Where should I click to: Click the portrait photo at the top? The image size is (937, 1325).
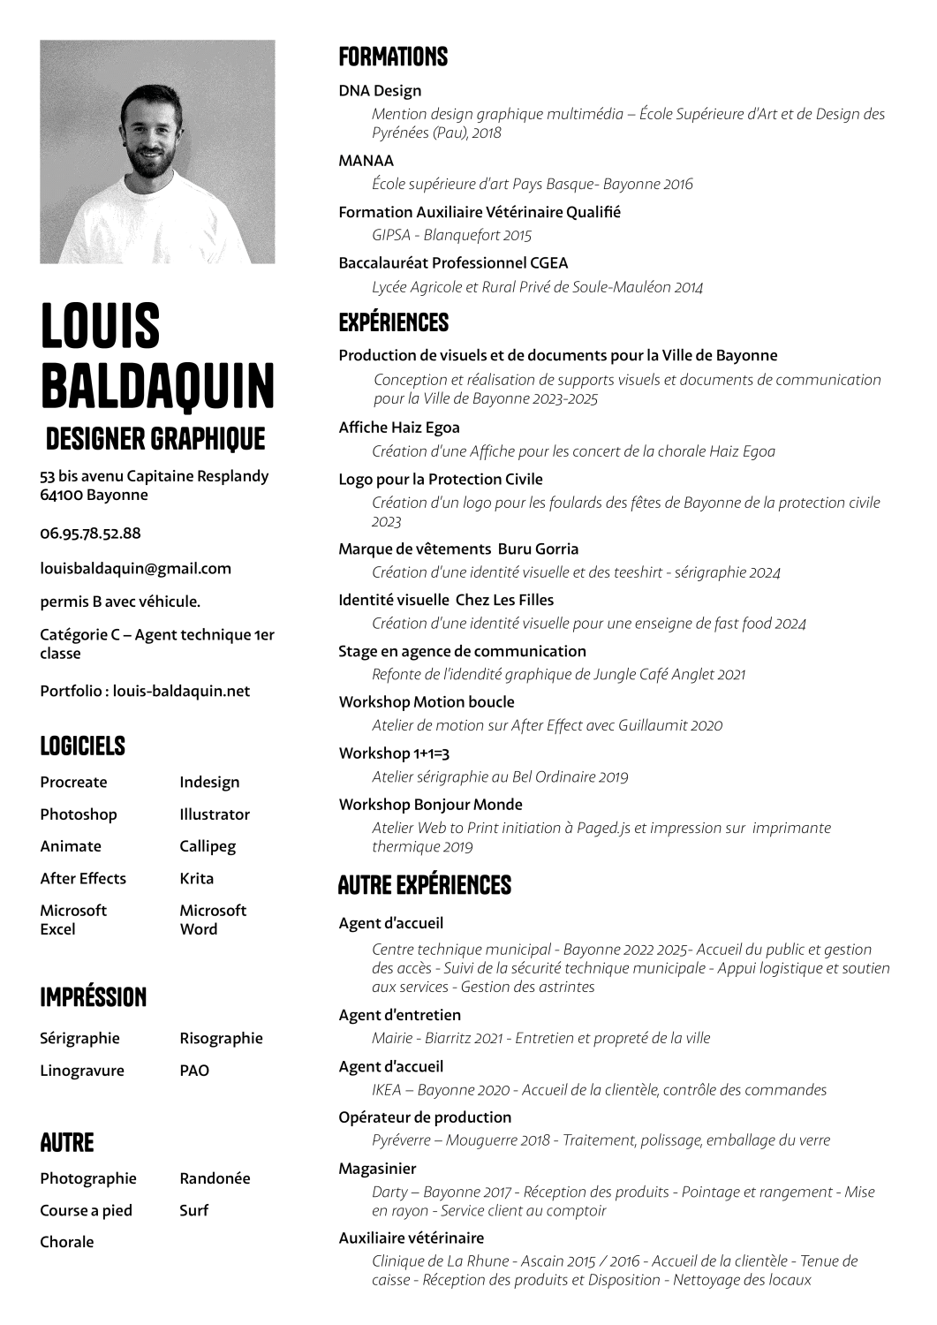pos(157,152)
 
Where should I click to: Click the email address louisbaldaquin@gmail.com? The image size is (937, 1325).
pos(135,569)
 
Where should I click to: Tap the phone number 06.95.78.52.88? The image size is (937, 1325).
pos(90,534)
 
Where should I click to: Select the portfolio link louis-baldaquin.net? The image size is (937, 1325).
pos(181,691)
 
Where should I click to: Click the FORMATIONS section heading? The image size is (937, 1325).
pos(393,57)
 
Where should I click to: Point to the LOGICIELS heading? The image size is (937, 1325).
pos(83,746)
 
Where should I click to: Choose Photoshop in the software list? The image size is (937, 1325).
pos(79,814)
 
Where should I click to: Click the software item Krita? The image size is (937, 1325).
pos(196,878)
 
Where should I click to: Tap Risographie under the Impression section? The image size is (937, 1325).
pos(221,1038)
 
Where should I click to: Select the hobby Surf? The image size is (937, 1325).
pos(193,1210)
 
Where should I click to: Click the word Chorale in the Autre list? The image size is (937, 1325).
pos(67,1242)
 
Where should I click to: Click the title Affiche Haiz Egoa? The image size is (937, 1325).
pos(399,428)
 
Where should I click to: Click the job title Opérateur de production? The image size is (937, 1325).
pos(425,1117)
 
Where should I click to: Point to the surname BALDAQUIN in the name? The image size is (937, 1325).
pos(157,384)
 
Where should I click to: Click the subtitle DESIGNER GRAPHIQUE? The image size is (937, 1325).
pos(155,438)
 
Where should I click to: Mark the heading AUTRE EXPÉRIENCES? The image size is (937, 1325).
pos(425,885)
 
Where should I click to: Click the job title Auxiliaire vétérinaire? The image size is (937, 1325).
pos(412,1238)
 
